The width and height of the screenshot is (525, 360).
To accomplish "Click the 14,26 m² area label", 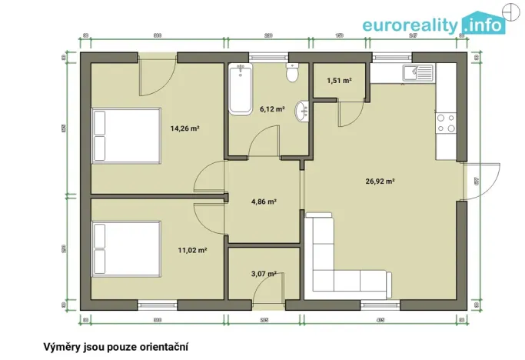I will click(184, 128).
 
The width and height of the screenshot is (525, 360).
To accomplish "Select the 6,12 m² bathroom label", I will click(272, 109).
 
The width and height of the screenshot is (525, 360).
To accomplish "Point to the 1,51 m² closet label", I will click(339, 80).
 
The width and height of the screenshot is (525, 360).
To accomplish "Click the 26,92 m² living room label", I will click(380, 182).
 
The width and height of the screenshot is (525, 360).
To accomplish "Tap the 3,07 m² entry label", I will click(264, 273).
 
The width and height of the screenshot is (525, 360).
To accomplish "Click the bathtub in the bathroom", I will click(240, 89).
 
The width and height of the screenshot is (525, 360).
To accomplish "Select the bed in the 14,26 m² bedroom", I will click(125, 135).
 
